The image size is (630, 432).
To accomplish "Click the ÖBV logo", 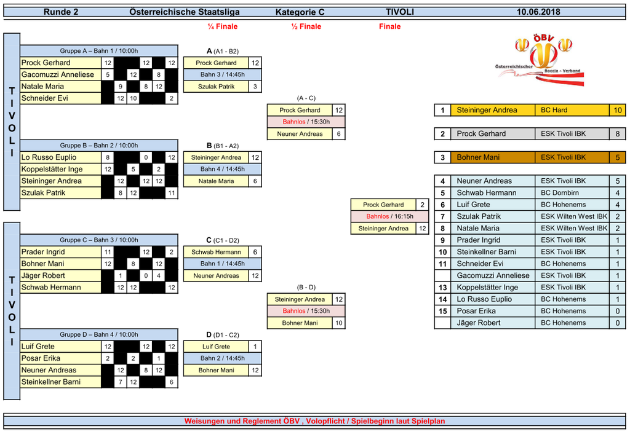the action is tap(540, 60).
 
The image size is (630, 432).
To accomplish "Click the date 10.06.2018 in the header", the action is tap(538, 12).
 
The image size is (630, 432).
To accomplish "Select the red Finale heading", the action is tap(389, 26).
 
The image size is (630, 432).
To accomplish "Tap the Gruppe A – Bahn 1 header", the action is tap(99, 51).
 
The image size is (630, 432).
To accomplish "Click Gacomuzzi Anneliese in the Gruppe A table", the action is tap(58, 75).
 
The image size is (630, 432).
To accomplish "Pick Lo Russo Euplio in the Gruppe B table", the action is tap(49, 157).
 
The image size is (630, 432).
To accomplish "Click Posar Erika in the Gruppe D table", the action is tap(41, 358).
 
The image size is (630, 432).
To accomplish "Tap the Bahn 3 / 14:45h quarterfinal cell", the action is tap(222, 75).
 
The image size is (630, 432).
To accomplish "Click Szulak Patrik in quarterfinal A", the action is tap(216, 87).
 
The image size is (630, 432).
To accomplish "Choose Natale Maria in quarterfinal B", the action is tap(216, 181).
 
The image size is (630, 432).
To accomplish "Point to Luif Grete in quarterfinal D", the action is tap(216, 347).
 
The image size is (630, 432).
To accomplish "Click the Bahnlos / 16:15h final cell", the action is tap(389, 216).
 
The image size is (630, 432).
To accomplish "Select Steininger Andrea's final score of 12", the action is tap(422, 229).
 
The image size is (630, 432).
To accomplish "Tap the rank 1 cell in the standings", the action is tap(442, 111).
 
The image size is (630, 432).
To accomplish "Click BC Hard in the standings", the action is tap(554, 111).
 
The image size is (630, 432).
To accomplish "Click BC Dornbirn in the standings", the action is tap(560, 193).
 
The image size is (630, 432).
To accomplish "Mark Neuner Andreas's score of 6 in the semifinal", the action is tap(339, 134).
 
